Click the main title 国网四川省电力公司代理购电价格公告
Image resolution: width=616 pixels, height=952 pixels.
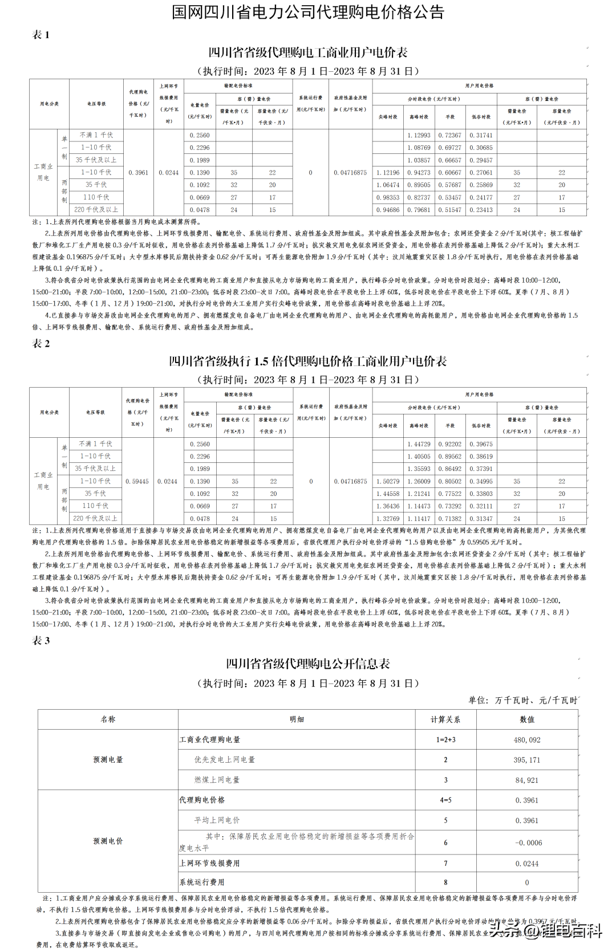click(308, 13)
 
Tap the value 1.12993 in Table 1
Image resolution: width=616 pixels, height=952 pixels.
click(419, 135)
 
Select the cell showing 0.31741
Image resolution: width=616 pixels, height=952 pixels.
click(481, 135)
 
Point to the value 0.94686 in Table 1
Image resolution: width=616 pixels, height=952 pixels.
click(388, 210)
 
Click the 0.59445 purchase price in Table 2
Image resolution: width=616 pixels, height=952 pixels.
click(137, 482)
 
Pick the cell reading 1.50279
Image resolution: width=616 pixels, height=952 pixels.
click(388, 482)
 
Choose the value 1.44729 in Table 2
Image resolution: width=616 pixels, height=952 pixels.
click(419, 444)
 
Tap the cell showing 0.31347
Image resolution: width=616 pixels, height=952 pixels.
click(481, 519)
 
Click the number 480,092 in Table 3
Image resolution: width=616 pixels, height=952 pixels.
click(527, 740)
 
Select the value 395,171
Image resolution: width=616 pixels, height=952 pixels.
click(527, 760)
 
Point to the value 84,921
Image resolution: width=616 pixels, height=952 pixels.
click(527, 780)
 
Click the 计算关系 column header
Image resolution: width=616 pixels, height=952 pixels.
click(445, 719)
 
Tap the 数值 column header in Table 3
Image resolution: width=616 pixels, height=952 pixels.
click(527, 719)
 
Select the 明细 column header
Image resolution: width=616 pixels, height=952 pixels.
click(297, 719)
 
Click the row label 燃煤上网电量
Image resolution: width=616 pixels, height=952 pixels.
click(217, 780)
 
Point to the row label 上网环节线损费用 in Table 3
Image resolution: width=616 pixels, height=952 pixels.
click(209, 864)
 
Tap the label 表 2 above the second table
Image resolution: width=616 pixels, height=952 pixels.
click(41, 344)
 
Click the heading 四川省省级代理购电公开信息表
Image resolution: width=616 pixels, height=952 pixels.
click(308, 664)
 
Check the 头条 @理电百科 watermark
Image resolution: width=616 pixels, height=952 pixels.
click(545, 931)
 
